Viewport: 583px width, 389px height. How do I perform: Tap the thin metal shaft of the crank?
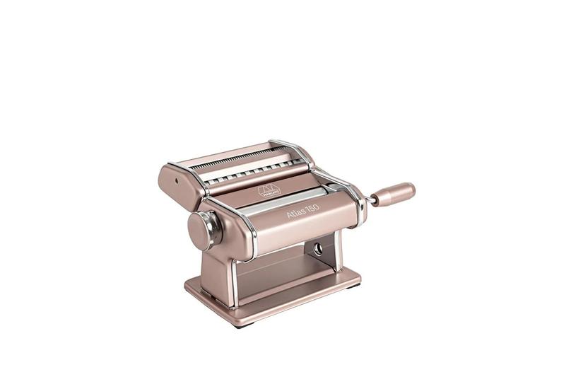(x=370, y=200)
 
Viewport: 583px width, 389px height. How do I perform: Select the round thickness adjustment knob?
(x=201, y=229)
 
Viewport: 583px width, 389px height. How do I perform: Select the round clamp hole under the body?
(x=317, y=248)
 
